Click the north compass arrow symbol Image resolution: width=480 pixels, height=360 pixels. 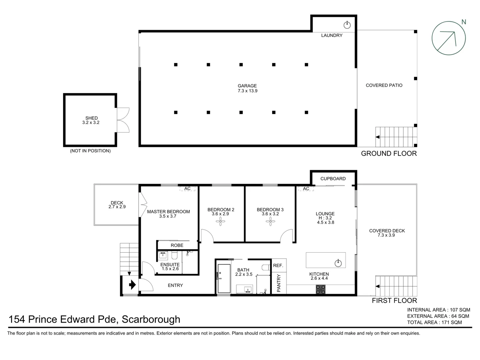pyautogui.click(x=448, y=38)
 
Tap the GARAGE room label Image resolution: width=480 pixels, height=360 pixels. pyautogui.click(x=247, y=86)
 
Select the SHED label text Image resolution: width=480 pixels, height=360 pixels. pyautogui.click(x=91, y=118)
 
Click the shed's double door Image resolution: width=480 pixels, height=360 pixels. pyautogui.click(x=123, y=120)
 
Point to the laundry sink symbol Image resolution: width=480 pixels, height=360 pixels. pyautogui.click(x=347, y=25)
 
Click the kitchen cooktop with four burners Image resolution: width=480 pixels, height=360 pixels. pyautogui.click(x=321, y=289)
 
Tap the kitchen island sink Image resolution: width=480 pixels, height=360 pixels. pyautogui.click(x=338, y=263)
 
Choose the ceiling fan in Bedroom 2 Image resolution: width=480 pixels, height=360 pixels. pyautogui.click(x=220, y=221)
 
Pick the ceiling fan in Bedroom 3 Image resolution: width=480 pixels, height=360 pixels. pyautogui.click(x=270, y=221)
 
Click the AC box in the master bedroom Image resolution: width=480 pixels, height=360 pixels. pyautogui.click(x=187, y=189)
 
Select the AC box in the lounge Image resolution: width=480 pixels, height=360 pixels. pyautogui.click(x=306, y=189)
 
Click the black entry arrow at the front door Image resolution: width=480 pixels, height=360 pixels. pyautogui.click(x=132, y=285)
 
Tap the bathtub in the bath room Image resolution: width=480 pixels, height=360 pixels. pyautogui.click(x=224, y=279)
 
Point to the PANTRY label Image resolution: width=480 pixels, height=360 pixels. pyautogui.click(x=279, y=283)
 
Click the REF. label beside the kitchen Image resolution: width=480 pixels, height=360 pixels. pyautogui.click(x=278, y=265)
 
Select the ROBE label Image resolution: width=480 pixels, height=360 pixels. pyautogui.click(x=177, y=245)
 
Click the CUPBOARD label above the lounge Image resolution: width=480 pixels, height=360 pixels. pyautogui.click(x=333, y=179)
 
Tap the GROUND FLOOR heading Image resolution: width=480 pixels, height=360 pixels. pyautogui.click(x=389, y=153)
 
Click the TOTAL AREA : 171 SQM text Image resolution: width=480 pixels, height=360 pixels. pyautogui.click(x=434, y=322)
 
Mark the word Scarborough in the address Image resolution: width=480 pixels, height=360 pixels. pyautogui.click(x=151, y=319)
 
